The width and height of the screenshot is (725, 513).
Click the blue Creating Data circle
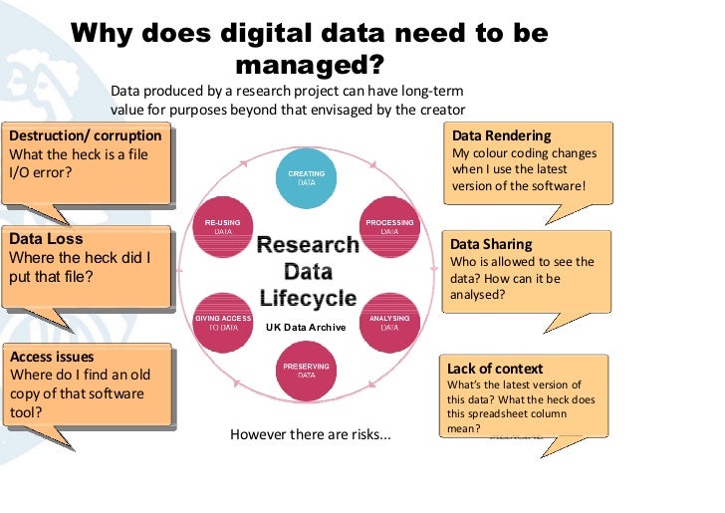(307, 178)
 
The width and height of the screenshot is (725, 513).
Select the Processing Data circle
(389, 226)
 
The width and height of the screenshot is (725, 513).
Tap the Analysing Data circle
(389, 322)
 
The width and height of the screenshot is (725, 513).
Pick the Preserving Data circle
(307, 370)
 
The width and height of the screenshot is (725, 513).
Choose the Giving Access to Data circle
(224, 322)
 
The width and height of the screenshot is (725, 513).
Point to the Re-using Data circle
(224, 226)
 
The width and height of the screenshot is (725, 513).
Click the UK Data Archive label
(306, 327)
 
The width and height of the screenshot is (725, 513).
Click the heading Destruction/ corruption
(85, 135)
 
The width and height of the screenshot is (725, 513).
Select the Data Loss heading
(46, 239)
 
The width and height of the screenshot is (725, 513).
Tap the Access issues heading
(52, 357)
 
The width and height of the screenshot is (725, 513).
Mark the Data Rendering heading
(501, 135)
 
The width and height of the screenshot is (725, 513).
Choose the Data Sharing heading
(491, 244)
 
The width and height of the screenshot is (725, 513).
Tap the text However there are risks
(311, 435)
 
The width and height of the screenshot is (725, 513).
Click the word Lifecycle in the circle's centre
(308, 297)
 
